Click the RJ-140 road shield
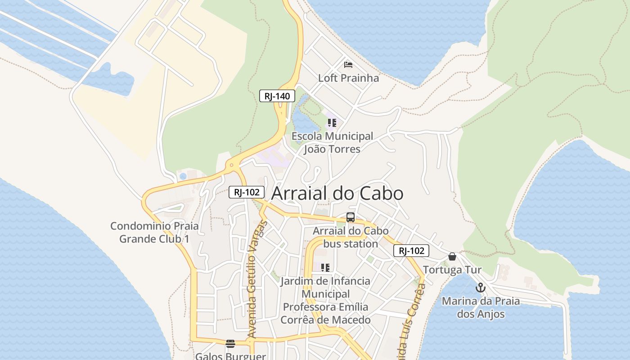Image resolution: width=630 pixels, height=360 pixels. point(277,96)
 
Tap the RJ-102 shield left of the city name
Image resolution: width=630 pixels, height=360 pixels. point(247,192)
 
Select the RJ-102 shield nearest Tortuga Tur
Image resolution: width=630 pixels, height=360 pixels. point(411,251)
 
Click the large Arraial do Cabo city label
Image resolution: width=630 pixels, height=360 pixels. point(337,193)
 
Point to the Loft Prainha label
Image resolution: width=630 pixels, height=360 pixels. point(348,78)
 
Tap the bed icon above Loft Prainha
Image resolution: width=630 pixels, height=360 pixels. point(348,65)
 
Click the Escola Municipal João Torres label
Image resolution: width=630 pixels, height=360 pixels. point(332,142)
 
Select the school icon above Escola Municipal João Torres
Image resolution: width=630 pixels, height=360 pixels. point(332,123)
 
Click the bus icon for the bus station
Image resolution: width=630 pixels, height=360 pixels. point(351,217)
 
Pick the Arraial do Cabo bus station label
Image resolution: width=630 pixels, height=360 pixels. point(351,237)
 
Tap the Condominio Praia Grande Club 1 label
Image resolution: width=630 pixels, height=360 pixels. point(154,232)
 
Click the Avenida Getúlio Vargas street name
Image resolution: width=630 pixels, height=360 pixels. point(258,279)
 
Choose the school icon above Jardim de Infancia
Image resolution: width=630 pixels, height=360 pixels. point(325,268)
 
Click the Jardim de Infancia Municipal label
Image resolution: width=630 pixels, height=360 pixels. point(325,300)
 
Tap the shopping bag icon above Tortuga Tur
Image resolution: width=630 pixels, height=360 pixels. point(452,256)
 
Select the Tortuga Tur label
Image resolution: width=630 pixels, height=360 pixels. point(452,270)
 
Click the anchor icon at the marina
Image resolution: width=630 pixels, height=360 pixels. point(481,288)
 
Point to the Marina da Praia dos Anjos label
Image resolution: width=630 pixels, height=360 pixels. point(481,307)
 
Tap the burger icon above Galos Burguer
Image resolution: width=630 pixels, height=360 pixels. point(230,344)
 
